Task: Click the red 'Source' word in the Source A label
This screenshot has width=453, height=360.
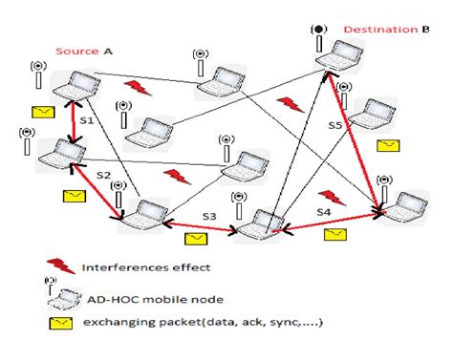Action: point(75,51)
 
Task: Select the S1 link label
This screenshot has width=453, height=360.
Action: point(86,121)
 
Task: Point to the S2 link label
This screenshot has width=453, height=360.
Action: point(103,178)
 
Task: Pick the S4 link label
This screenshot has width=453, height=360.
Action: point(325,210)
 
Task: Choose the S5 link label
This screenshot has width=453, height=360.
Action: point(335,124)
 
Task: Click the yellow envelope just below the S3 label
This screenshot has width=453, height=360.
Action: point(196,237)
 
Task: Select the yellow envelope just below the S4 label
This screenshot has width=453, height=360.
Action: point(334,232)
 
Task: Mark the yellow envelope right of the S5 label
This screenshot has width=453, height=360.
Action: point(387,145)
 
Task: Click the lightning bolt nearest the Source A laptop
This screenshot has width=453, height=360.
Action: point(137,87)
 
